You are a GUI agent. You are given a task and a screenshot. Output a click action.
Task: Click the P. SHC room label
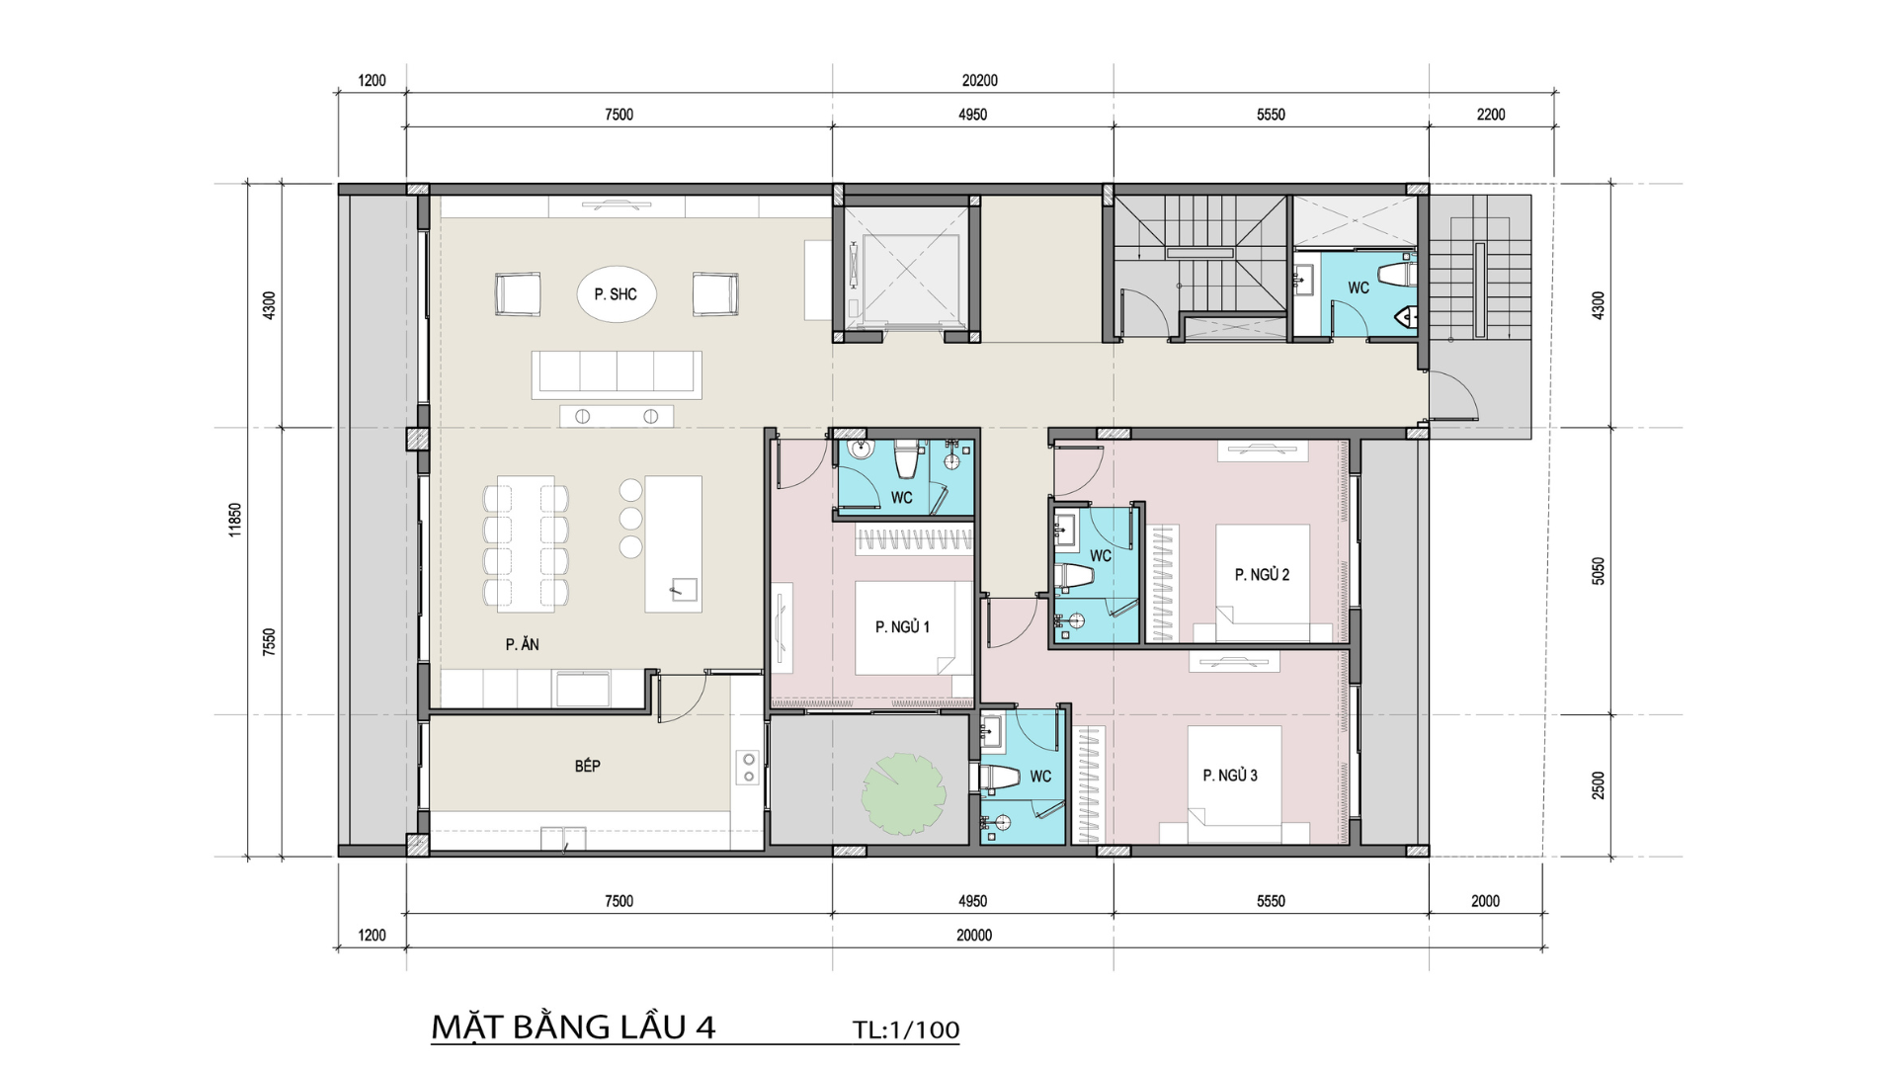(616, 294)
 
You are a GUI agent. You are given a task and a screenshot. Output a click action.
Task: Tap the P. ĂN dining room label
(522, 644)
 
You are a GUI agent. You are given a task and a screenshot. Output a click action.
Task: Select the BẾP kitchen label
(588, 766)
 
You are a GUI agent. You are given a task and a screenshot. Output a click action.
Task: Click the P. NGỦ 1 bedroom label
(902, 626)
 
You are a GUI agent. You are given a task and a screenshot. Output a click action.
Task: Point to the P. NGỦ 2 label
(1262, 574)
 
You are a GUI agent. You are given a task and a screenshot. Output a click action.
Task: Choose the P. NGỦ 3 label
(1230, 776)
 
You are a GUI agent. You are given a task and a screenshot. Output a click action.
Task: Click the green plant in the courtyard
(904, 793)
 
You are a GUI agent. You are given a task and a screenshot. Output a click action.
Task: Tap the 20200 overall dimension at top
(979, 80)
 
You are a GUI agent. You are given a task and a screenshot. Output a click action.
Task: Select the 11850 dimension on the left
(235, 520)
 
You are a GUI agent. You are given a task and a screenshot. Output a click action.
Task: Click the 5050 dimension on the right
(1598, 571)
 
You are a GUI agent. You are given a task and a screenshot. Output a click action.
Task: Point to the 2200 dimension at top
(1491, 115)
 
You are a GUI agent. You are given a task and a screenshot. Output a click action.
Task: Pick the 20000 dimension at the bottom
(974, 935)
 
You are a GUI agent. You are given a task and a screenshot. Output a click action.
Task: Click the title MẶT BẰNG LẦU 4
(573, 1027)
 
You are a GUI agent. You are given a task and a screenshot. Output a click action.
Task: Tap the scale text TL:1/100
(906, 1029)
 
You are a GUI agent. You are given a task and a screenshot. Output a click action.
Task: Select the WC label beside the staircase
(1359, 287)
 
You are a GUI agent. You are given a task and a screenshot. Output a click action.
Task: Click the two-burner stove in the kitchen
(748, 768)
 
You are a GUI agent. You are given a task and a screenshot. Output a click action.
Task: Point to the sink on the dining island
(685, 589)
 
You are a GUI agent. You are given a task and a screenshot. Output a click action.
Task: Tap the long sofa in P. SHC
(617, 374)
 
